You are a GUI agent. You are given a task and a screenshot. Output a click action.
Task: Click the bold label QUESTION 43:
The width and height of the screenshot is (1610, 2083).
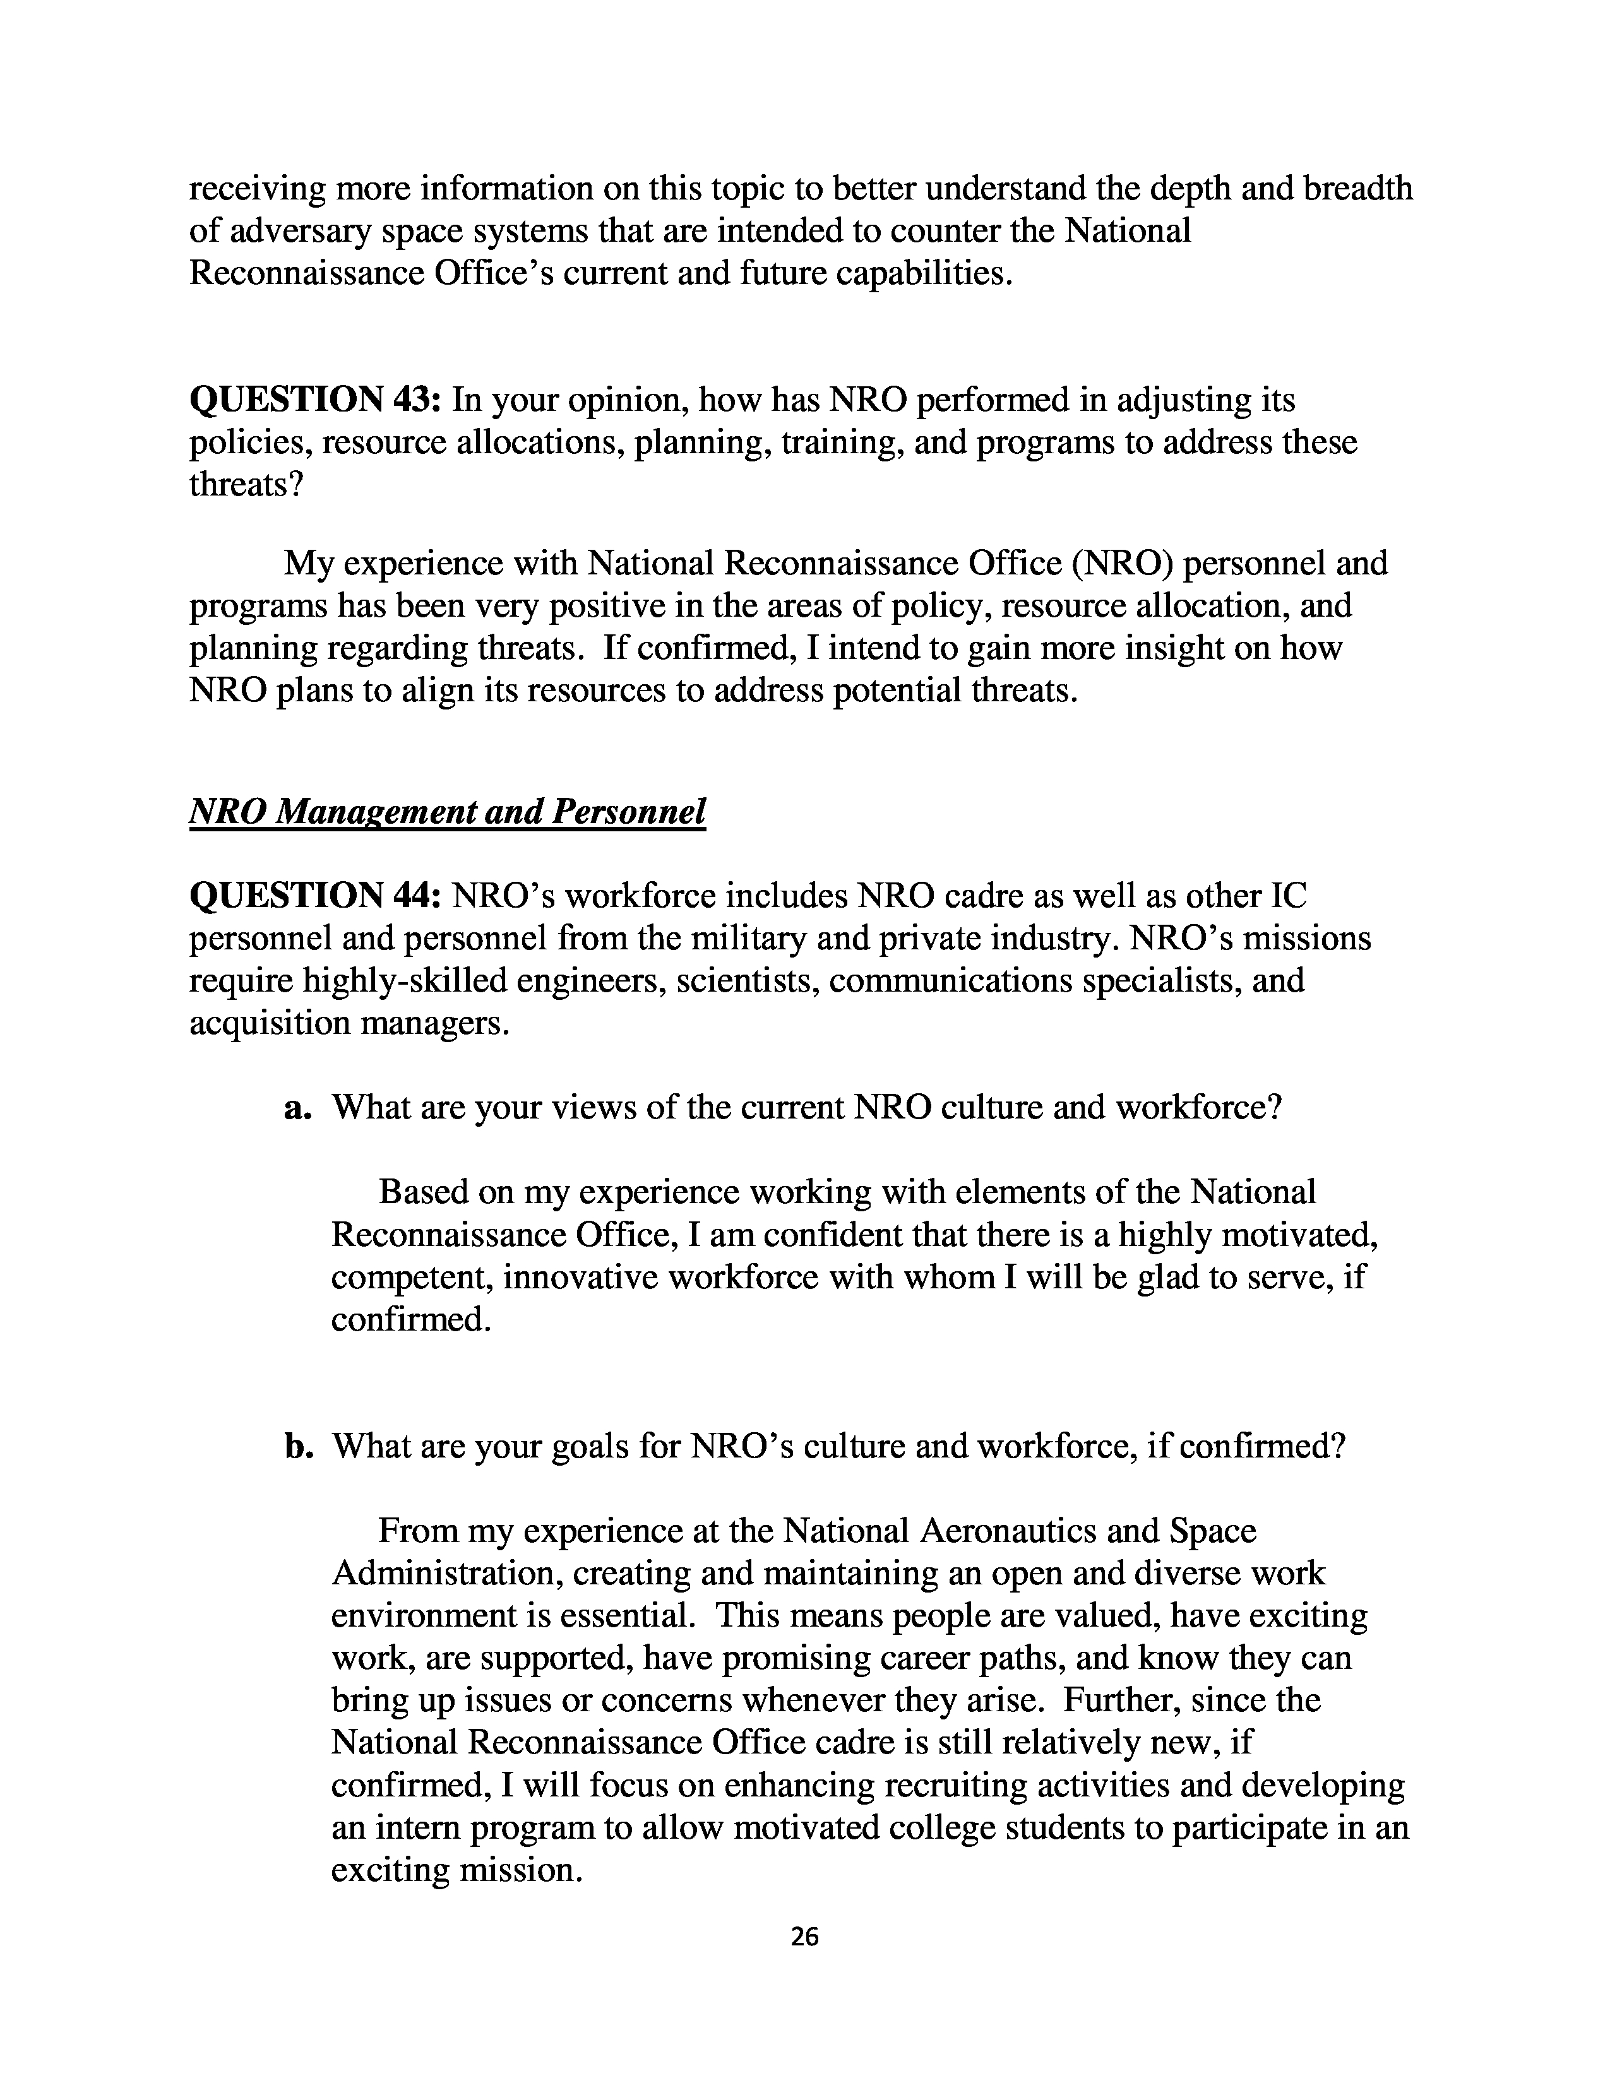pos(314,399)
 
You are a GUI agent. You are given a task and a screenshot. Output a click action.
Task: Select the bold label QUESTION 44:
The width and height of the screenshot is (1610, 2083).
pos(314,896)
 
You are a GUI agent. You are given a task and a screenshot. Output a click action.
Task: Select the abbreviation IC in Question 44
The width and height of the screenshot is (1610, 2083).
pos(1289,896)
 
